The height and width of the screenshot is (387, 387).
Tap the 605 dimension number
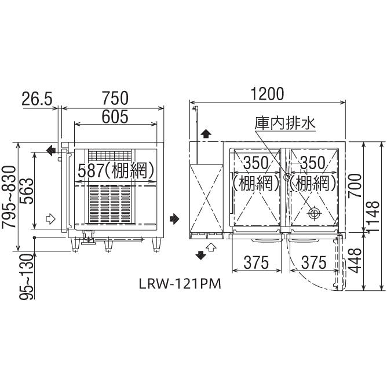pos(115,116)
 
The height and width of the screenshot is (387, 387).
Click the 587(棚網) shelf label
pos(116,170)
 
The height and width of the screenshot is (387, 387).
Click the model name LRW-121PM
pos(172,284)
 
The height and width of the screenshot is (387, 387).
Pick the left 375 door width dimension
pos(255,262)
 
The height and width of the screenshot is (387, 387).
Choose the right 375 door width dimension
pos(313,262)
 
